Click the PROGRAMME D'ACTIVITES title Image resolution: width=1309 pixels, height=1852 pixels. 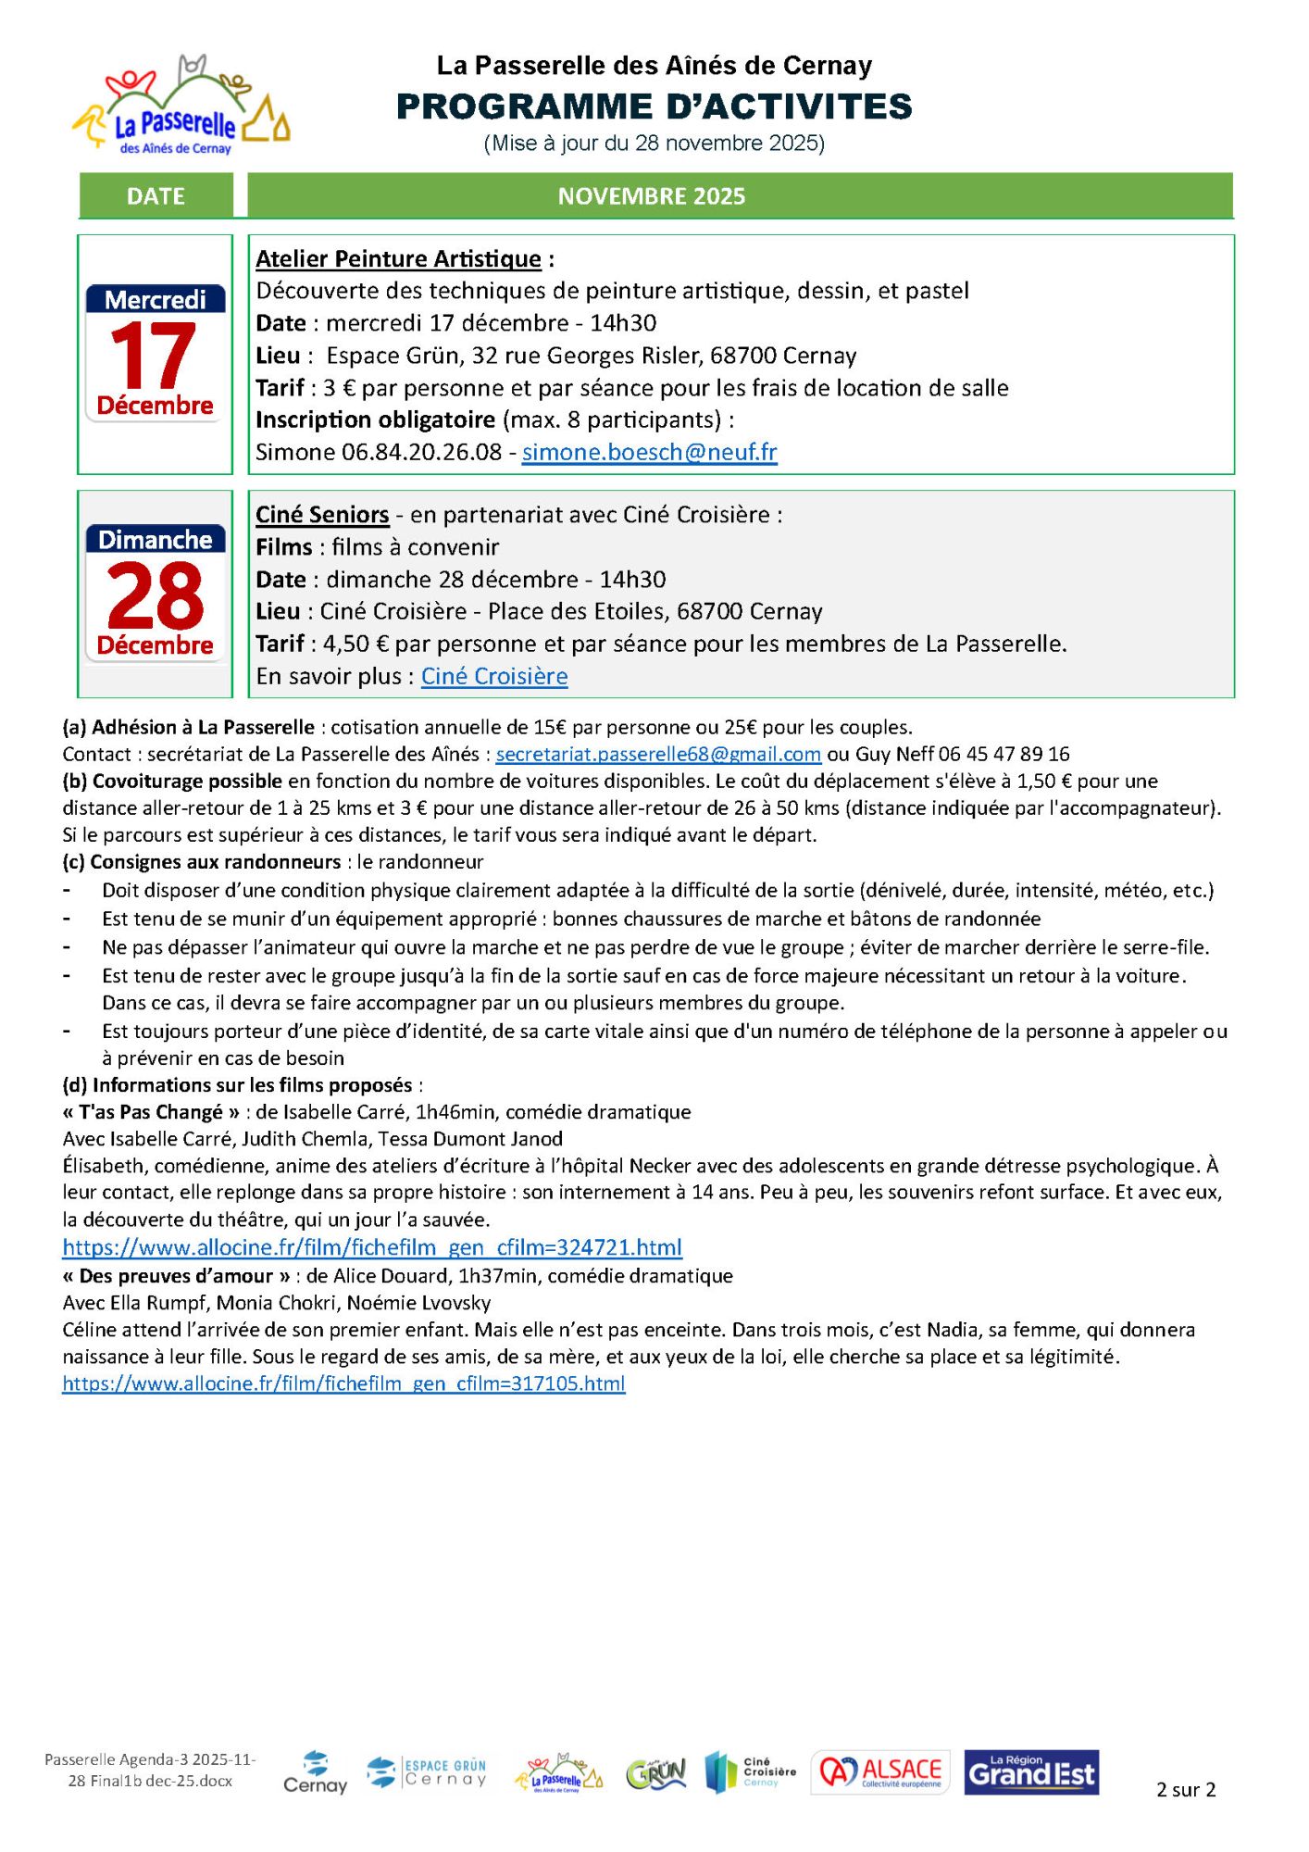coord(654,107)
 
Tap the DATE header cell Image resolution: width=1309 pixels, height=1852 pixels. coord(156,196)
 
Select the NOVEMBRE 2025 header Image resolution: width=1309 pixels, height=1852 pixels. coord(651,196)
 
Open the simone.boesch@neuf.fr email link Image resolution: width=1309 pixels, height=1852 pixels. coord(649,452)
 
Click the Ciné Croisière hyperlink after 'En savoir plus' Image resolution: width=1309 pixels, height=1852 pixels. coord(494,677)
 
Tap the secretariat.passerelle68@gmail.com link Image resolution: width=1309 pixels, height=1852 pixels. coord(658,755)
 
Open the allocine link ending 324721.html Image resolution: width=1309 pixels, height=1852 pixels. coord(372,1247)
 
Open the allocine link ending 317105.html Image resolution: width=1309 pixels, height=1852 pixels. coord(343,1383)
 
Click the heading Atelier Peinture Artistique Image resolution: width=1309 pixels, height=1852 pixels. coord(398,259)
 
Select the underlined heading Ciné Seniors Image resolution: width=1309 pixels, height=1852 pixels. coord(322,515)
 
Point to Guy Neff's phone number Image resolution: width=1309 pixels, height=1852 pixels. coord(1004,755)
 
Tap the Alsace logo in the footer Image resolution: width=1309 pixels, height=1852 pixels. coord(880,1772)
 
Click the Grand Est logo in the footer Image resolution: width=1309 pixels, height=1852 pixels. coord(1031,1772)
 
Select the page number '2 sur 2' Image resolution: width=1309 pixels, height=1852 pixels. coord(1185,1790)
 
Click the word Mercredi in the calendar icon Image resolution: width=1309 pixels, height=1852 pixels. coord(156,300)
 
